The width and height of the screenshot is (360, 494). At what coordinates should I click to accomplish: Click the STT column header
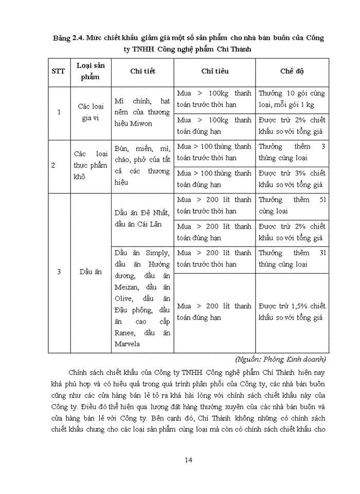[58, 72]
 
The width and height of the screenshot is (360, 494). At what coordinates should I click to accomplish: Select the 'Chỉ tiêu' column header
[214, 72]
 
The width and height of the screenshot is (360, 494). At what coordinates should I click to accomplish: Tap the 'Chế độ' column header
[292, 72]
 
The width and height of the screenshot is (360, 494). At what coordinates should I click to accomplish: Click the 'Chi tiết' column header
[142, 72]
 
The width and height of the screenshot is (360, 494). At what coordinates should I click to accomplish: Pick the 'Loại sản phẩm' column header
[91, 72]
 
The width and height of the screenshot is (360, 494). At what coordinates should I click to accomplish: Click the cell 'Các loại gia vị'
[91, 112]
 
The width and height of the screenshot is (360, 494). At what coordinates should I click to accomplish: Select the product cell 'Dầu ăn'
[91, 272]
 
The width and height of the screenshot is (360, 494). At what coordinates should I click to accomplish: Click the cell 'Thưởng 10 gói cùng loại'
[292, 99]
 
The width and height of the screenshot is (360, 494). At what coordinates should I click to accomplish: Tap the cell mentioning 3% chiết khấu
[292, 179]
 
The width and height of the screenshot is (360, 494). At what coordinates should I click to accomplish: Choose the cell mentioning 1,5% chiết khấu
[292, 312]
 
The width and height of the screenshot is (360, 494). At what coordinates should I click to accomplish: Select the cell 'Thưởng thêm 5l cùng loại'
[292, 205]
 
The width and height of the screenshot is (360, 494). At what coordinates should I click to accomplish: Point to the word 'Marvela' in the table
[127, 344]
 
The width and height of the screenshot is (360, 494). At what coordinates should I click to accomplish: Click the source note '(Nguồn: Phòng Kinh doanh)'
[281, 359]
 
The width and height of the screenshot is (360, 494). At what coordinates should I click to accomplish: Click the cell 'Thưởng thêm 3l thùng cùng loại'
[292, 258]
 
